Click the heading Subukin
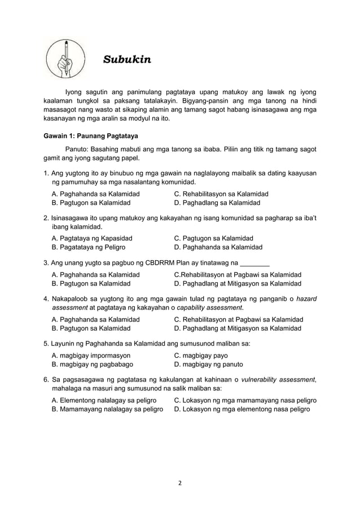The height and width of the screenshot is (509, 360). [x=127, y=59]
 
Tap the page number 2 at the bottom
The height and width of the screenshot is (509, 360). [x=180, y=482]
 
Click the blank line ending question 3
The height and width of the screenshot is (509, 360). [x=254, y=264]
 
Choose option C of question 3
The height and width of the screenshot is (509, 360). [x=238, y=274]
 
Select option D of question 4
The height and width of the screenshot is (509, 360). [x=238, y=328]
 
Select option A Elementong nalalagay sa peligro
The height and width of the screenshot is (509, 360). [x=104, y=400]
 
